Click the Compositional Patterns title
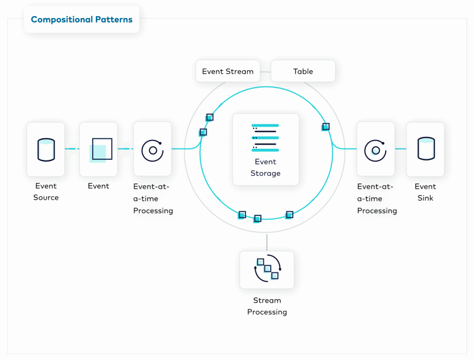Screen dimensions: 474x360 point(81,19)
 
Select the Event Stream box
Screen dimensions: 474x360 point(228,71)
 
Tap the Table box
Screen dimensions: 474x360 point(303,71)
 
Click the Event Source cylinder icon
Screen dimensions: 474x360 point(46,150)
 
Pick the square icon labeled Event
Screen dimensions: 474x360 point(101,150)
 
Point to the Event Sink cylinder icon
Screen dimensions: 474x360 point(426,148)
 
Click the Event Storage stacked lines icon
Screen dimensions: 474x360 point(265,138)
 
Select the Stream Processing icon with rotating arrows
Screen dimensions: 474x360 point(268,268)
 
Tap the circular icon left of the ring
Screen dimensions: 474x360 point(153,151)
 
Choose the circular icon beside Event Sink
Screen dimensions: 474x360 point(375,151)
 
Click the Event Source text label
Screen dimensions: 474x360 point(46,191)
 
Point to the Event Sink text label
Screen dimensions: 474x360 point(425,192)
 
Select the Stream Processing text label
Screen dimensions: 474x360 point(267,306)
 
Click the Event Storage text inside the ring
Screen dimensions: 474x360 point(265,167)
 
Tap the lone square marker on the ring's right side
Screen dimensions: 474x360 point(325,127)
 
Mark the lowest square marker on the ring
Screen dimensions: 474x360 point(257,218)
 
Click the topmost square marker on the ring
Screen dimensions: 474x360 point(210,117)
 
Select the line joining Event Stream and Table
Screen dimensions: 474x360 point(265,72)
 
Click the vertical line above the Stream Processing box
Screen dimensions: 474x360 point(267,242)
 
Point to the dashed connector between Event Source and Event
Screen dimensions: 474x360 point(72,149)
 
